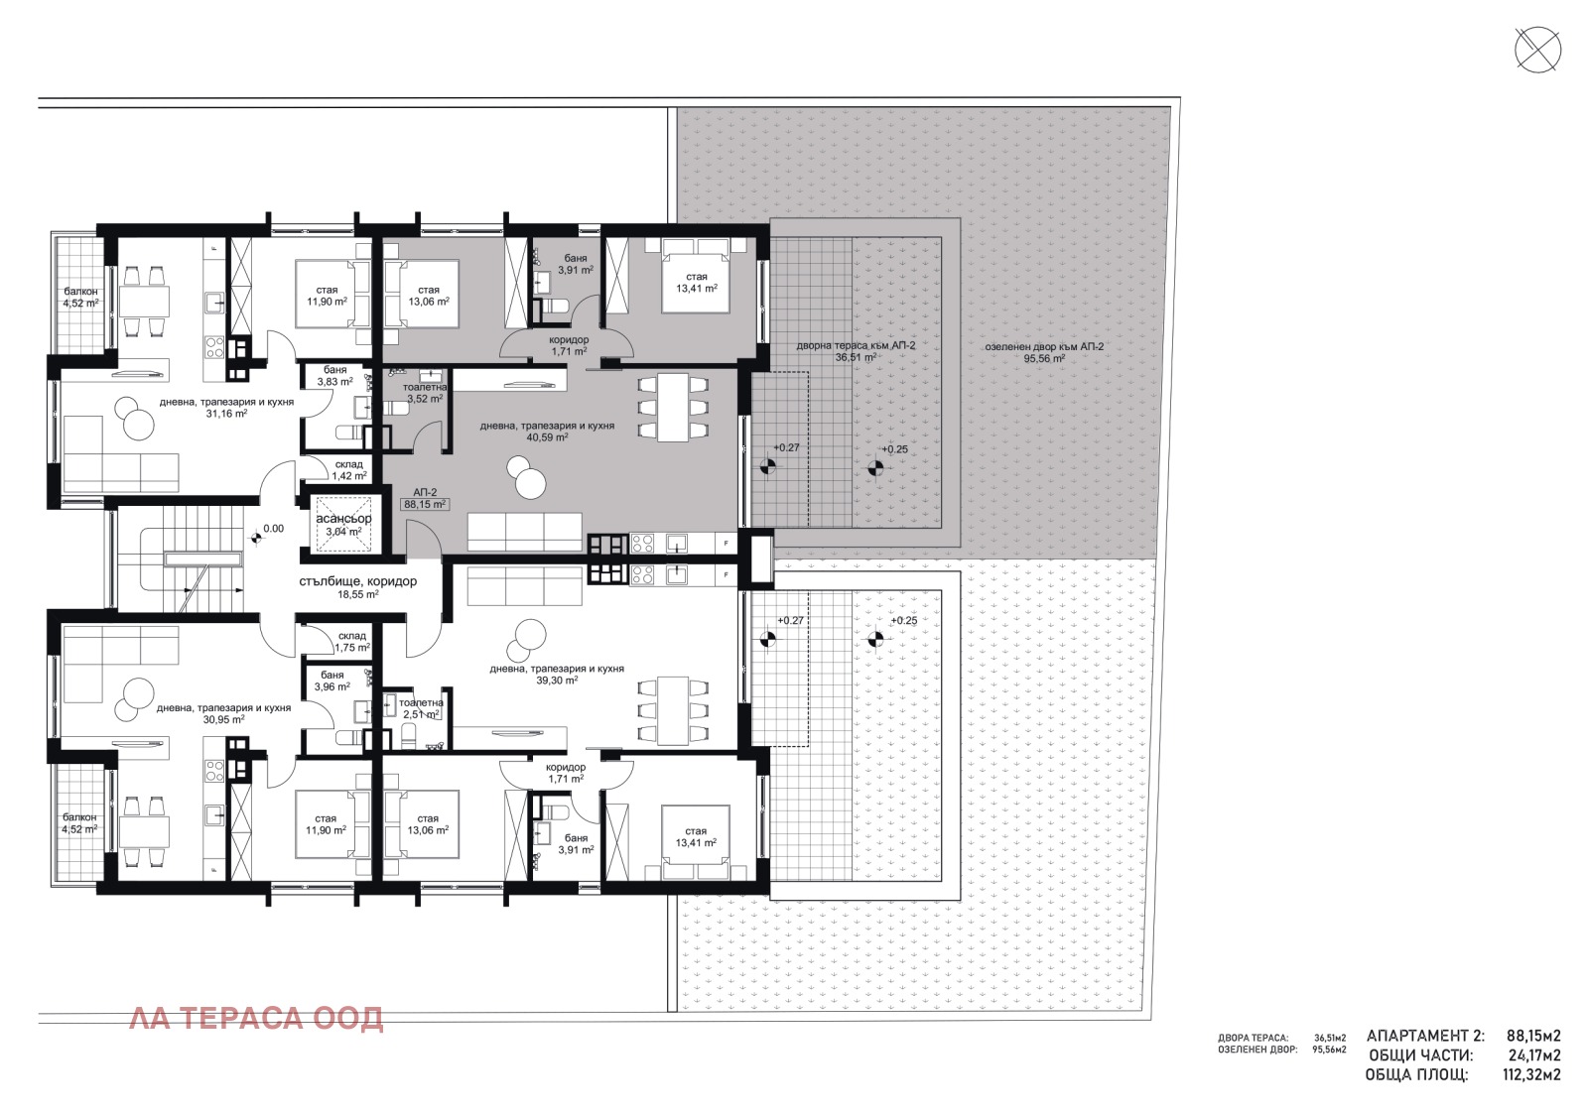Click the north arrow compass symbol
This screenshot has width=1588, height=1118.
[1537, 50]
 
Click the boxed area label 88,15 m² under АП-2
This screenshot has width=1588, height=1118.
[425, 504]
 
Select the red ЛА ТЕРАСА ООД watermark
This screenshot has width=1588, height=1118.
[256, 1018]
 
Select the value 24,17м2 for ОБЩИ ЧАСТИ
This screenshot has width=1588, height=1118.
[1533, 1056]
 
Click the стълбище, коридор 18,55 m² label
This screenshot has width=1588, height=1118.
[357, 587]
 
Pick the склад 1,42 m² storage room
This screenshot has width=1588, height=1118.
[348, 470]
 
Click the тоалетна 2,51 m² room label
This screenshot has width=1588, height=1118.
[421, 707]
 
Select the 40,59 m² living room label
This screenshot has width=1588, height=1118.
[547, 431]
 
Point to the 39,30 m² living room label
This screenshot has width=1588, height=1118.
[556, 675]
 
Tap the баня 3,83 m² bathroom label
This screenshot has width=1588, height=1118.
[334, 375]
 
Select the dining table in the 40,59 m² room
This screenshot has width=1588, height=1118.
[674, 407]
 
